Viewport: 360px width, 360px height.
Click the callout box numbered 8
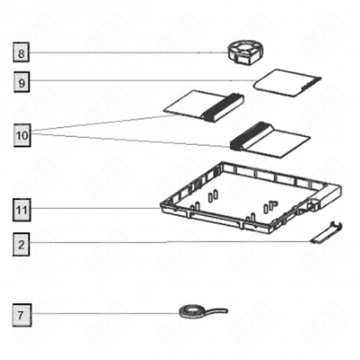click(x=21, y=53)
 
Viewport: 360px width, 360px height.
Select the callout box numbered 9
click(x=21, y=80)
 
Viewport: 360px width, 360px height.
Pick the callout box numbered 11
click(x=21, y=208)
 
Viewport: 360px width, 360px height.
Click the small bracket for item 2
click(x=323, y=231)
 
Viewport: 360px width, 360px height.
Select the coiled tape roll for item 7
click(x=188, y=310)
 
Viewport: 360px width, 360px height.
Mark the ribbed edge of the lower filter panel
click(x=250, y=137)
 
